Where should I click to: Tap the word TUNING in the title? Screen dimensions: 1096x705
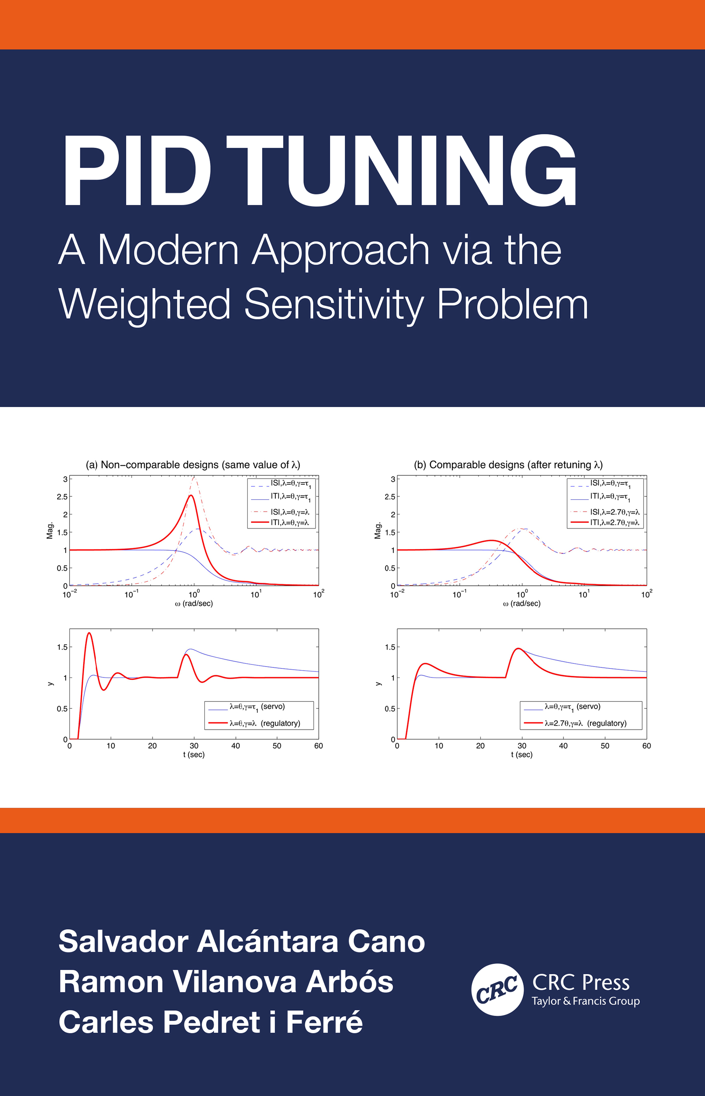401,170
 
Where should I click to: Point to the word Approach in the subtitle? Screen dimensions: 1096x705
341,250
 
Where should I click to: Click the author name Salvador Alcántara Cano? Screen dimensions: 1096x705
242,942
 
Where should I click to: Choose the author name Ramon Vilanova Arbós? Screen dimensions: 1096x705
226,982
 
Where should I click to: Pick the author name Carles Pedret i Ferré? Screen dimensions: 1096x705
211,1022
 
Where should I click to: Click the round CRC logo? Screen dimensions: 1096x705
497,990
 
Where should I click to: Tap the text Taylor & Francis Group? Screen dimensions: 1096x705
586,1001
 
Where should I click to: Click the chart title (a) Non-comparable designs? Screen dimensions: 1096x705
193,464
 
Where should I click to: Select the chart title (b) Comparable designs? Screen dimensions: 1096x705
508,464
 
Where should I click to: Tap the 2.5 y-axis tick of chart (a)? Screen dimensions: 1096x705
62,496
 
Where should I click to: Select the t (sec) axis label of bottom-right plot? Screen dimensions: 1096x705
521,754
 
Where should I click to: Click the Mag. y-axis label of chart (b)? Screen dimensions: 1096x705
378,531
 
